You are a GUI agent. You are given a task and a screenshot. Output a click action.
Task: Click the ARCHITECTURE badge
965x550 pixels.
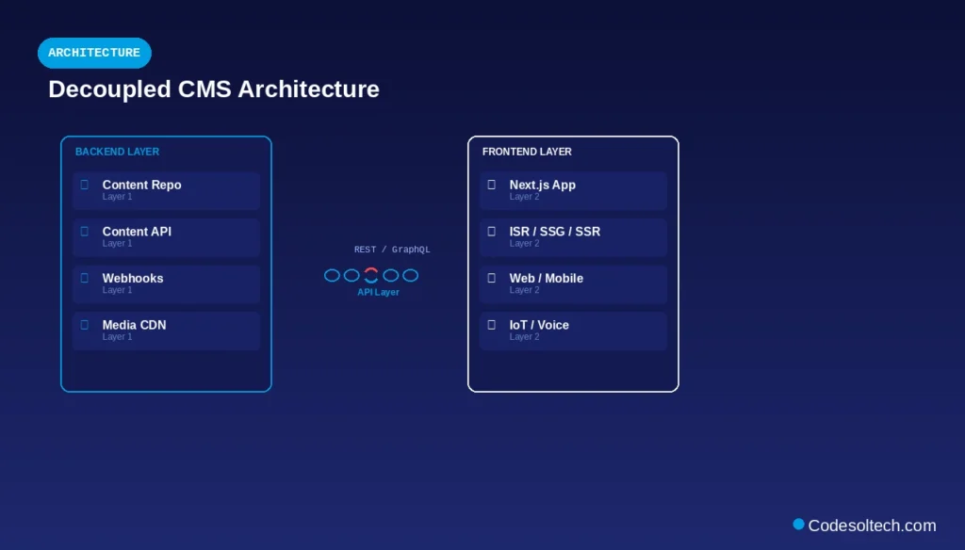[94, 53]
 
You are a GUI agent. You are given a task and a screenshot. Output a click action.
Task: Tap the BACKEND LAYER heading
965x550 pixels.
[117, 152]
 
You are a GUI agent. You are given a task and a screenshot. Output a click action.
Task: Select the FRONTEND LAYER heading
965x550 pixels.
[527, 152]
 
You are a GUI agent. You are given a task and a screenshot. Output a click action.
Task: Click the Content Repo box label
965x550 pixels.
[141, 185]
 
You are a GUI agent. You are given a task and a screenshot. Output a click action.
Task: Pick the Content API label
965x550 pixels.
[137, 232]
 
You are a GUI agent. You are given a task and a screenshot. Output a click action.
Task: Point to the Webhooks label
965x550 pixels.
[133, 278]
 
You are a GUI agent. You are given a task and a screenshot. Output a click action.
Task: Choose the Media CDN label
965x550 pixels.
[134, 325]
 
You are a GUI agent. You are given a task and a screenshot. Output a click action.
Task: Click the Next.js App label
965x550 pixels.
[542, 185]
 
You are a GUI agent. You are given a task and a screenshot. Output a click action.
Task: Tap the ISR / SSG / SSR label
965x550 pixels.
[554, 232]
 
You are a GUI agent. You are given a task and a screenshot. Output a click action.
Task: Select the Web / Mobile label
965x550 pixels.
[546, 278]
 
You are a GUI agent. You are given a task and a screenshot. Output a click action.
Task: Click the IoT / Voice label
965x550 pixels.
[539, 325]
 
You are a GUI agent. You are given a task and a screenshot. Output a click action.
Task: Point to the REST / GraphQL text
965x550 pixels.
[392, 250]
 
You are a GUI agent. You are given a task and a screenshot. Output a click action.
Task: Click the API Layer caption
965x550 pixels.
[378, 293]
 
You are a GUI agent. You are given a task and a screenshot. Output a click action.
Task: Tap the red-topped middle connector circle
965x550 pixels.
[371, 275]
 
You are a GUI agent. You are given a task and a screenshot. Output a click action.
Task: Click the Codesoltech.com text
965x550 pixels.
[872, 526]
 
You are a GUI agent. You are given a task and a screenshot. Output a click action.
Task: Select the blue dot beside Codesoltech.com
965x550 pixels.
[798, 525]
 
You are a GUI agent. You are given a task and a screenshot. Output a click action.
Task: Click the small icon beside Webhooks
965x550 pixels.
[84, 278]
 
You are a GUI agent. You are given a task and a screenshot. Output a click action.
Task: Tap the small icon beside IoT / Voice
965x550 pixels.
[491, 325]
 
